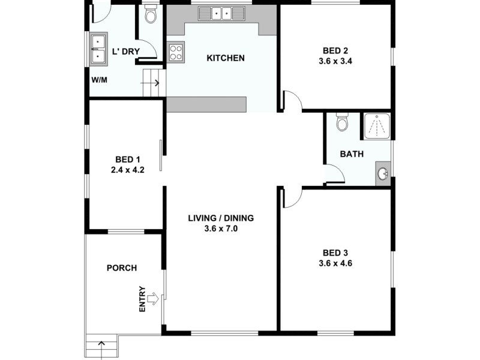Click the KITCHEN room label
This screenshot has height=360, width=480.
(x=226, y=58)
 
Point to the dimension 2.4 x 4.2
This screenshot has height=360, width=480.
(x=127, y=169)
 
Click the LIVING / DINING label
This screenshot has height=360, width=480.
(x=220, y=218)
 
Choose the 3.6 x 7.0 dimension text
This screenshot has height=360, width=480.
(x=221, y=228)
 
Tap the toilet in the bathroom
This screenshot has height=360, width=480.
(x=343, y=122)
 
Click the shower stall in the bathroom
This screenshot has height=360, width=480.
(x=376, y=126)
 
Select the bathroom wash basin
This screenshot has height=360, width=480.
(x=383, y=174)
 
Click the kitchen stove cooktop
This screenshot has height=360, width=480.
(x=175, y=52)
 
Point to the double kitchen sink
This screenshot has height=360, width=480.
(x=221, y=13)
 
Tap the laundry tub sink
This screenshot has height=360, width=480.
(x=97, y=49)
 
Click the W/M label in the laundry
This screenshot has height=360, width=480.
(x=99, y=80)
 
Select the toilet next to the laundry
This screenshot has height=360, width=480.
(x=151, y=14)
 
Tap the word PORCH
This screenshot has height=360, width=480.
(x=121, y=268)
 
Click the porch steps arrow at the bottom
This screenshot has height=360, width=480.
(x=101, y=346)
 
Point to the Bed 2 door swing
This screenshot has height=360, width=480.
(x=292, y=101)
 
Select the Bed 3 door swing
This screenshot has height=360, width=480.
(x=292, y=197)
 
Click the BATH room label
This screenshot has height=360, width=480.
(x=352, y=154)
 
